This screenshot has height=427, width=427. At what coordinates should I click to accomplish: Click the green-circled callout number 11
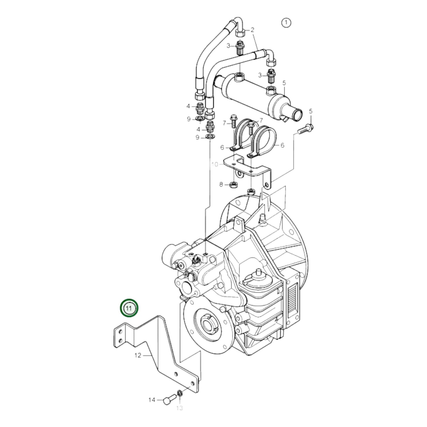click(x=129, y=308)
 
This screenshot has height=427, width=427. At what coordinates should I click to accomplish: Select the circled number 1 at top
click(x=286, y=23)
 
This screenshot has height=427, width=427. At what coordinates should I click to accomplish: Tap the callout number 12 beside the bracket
click(x=138, y=355)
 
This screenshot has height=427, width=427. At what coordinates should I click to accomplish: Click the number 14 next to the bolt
click(x=152, y=400)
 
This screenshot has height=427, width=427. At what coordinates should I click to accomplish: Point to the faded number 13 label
click(x=179, y=408)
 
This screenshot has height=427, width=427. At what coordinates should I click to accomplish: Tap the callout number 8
click(x=221, y=185)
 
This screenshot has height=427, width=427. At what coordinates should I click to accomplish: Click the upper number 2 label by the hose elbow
click(x=252, y=30)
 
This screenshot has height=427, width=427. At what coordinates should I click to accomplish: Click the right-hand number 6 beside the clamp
click(x=282, y=145)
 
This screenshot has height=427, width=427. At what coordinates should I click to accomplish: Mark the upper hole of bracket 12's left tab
click(x=120, y=332)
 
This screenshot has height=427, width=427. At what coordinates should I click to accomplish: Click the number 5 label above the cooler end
click(x=284, y=83)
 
